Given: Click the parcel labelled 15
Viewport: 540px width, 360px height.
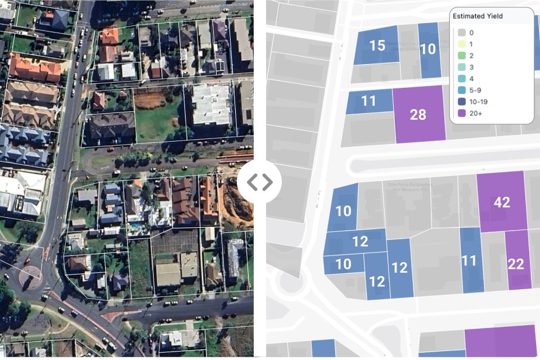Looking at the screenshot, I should (377, 45).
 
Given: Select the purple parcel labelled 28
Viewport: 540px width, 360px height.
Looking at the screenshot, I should (418, 114).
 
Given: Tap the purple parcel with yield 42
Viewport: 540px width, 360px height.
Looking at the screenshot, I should (501, 202).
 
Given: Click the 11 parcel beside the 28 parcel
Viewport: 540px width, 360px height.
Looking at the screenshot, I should (368, 101).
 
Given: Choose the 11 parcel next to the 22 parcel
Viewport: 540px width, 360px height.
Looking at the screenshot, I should (469, 260).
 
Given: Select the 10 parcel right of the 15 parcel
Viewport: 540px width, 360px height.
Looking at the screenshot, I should (429, 49).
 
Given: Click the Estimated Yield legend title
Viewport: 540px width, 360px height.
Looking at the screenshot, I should (478, 16).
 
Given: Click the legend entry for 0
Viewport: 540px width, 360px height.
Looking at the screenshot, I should (467, 33).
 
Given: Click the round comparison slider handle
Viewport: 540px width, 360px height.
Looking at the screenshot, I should (260, 182).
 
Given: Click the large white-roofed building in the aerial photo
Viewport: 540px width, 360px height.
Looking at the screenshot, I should (210, 105).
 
